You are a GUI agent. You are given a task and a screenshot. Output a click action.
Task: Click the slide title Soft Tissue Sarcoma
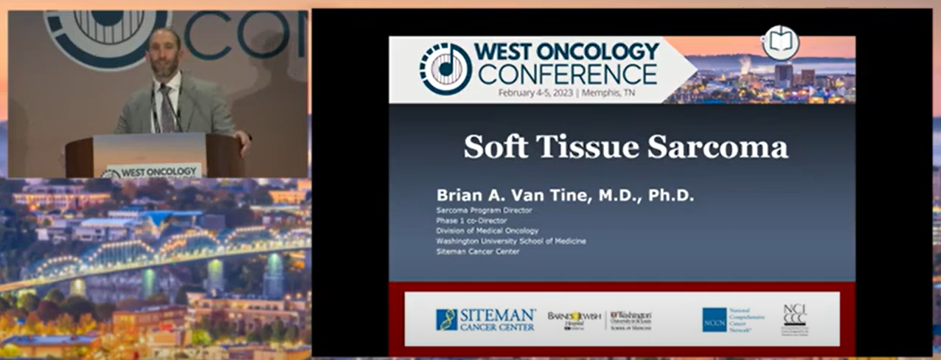point(625,147)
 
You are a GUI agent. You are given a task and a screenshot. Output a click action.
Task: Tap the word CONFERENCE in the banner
point(567,75)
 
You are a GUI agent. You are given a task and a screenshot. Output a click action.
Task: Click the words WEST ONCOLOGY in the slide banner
point(566,52)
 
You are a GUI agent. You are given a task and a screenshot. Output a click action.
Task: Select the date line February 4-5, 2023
point(566,93)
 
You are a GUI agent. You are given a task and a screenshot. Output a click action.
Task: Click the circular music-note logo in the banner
point(445,69)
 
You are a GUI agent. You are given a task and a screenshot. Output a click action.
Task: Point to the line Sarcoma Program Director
point(484,210)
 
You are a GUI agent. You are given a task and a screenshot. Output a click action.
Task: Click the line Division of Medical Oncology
point(487,231)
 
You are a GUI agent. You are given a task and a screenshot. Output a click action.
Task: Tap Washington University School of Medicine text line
point(510,241)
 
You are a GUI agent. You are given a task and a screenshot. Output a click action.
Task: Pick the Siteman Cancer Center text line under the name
point(477,252)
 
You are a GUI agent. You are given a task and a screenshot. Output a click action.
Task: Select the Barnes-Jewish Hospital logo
point(574,319)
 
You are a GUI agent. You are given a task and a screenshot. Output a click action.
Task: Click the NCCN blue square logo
point(714,319)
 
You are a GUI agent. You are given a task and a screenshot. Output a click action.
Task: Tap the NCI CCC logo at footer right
point(794,319)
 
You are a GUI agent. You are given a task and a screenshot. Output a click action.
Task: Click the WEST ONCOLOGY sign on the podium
point(152,172)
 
